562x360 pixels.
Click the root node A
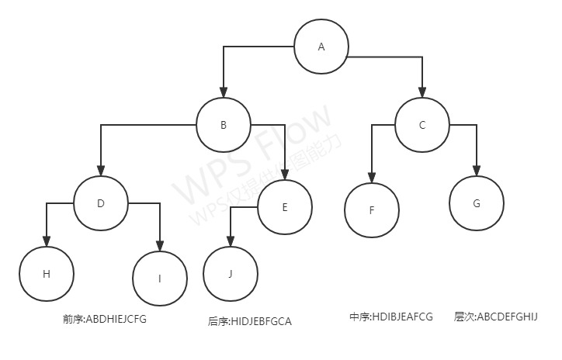point(321,47)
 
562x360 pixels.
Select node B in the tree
point(224,125)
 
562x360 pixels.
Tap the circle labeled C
point(422,125)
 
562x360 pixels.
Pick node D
point(101,203)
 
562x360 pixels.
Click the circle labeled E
point(285,207)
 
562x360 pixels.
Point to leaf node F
point(373,210)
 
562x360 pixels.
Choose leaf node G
point(477,203)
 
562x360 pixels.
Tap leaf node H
point(47,274)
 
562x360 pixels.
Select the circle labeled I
point(160,279)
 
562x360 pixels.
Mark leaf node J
point(231,274)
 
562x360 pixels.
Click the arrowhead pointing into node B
point(224,93)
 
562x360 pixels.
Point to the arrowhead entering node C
point(422,93)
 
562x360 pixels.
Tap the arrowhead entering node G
point(477,171)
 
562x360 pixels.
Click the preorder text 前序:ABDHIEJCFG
point(105,319)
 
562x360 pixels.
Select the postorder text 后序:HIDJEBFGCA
point(250,320)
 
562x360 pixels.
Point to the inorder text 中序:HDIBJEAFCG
point(391,317)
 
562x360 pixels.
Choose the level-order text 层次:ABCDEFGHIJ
point(496,317)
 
